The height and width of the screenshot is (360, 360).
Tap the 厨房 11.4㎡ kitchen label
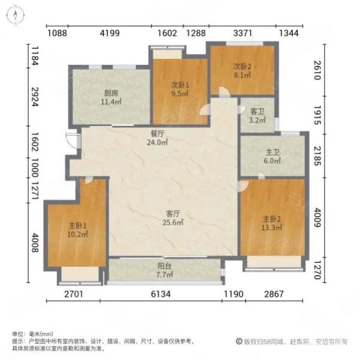pyautogui.click(x=110, y=97)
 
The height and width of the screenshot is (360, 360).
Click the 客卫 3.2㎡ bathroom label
pyautogui.click(x=257, y=115)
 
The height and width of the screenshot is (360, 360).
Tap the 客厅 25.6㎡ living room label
pyautogui.click(x=174, y=217)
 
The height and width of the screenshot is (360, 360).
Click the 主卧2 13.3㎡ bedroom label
pyautogui.click(x=272, y=223)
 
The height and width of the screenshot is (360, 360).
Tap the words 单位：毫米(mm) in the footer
pyautogui.click(x=33, y=334)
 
